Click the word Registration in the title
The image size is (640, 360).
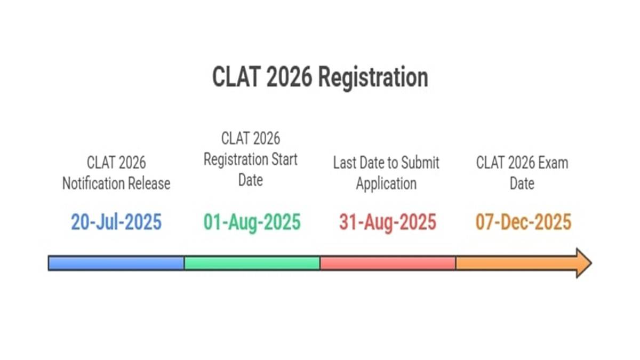click(x=373, y=77)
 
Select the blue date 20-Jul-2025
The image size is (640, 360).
click(x=116, y=222)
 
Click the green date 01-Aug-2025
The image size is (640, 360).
click(x=252, y=222)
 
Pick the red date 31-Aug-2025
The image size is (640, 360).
click(x=387, y=222)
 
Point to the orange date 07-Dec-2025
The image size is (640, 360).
click(x=523, y=222)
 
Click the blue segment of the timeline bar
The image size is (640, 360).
click(x=116, y=263)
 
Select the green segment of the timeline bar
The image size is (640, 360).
click(x=252, y=263)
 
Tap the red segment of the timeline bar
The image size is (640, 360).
click(x=388, y=263)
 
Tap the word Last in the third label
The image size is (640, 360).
click(x=345, y=163)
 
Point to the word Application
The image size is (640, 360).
click(x=386, y=184)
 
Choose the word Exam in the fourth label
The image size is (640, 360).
click(x=552, y=163)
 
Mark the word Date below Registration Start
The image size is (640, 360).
click(x=251, y=180)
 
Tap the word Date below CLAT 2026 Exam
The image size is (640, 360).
click(x=522, y=184)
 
